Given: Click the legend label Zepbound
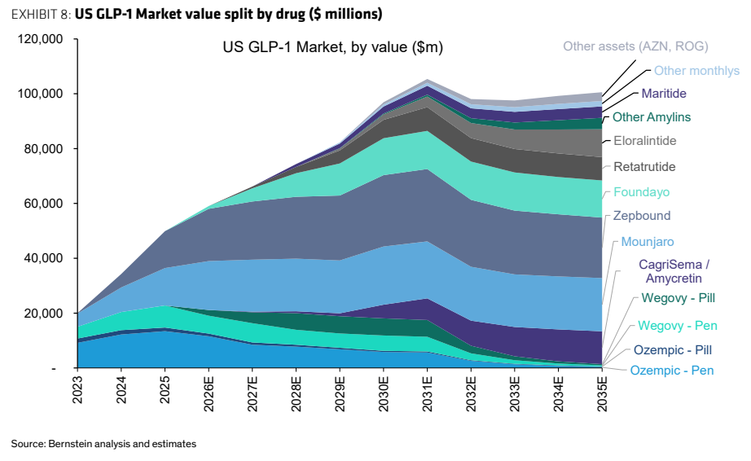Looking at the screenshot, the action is click(642, 216).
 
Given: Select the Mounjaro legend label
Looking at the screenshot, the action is click(647, 242).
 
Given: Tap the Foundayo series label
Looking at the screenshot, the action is click(642, 192).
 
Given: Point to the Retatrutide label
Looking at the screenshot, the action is click(644, 167).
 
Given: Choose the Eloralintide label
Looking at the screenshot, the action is click(645, 141).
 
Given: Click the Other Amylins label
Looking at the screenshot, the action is click(652, 117).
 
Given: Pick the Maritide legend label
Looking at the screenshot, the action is click(664, 94).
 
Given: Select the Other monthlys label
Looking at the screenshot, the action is click(697, 71).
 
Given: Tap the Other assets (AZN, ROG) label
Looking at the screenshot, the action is click(635, 46).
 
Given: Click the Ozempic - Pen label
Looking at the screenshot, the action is click(671, 371).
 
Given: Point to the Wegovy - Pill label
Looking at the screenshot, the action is click(679, 298).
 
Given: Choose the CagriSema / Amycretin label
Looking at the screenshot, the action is click(674, 271).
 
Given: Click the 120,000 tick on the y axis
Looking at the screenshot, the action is click(40, 39).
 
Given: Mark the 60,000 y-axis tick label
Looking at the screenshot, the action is click(44, 204).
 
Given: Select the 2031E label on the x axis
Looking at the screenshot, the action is click(428, 394).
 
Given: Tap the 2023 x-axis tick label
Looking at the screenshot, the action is click(77, 390).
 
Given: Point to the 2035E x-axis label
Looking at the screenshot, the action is click(602, 394).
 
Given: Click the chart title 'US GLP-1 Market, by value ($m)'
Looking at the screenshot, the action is click(333, 47).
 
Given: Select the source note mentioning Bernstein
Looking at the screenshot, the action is click(103, 444).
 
